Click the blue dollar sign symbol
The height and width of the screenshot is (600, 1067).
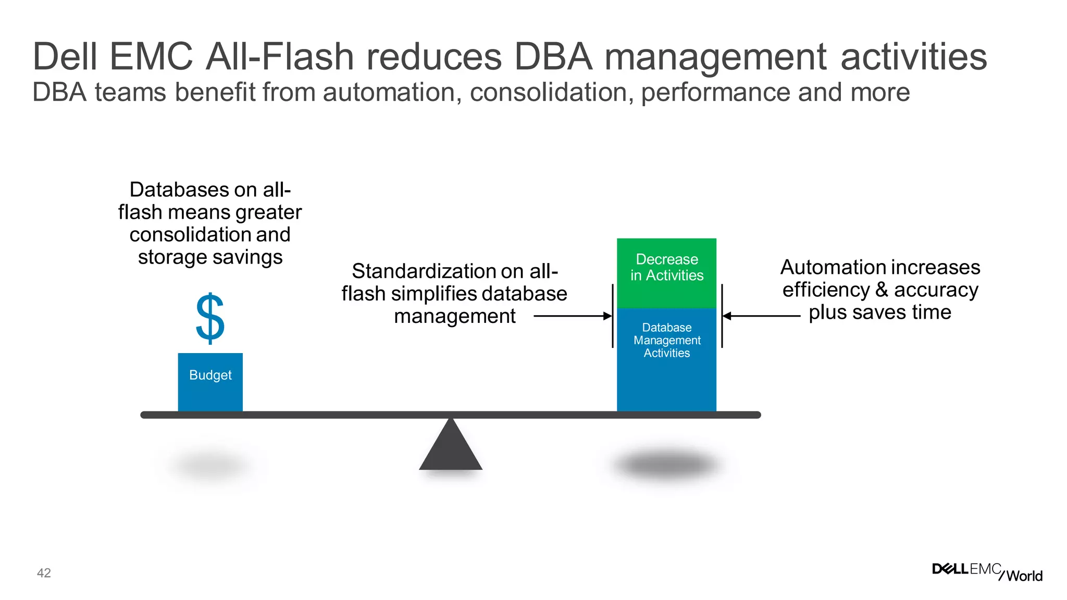[x=210, y=318]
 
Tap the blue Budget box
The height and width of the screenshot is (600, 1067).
[x=210, y=382]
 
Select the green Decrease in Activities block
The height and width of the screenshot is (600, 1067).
[x=666, y=272]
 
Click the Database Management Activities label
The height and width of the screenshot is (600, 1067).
[x=666, y=340]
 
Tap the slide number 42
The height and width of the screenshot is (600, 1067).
[x=44, y=573]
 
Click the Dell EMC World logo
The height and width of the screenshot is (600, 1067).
[x=987, y=572]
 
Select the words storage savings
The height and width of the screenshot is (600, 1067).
[x=210, y=257]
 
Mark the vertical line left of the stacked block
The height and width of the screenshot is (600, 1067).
[x=612, y=316]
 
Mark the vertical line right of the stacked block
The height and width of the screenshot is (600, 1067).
[x=722, y=316]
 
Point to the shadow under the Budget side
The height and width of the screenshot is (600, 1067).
[x=210, y=465]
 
